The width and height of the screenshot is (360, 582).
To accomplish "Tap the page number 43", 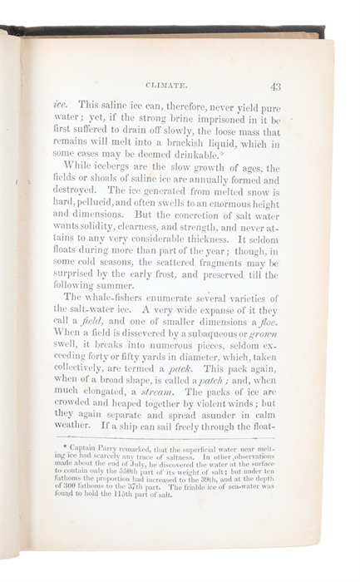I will (x=275, y=85).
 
